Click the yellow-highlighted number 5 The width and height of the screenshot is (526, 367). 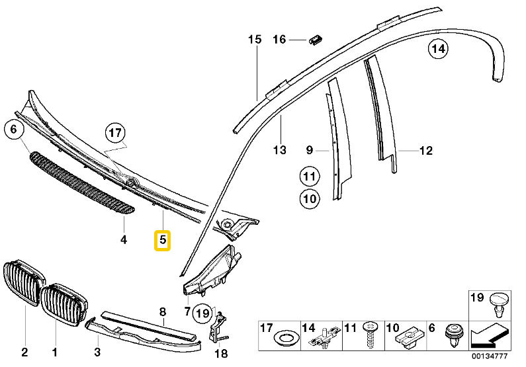pos(162,240)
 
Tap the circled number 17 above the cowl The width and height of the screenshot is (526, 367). pos(115,133)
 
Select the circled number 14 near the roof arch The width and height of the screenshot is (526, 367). pos(438,50)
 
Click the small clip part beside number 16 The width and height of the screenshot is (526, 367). pos(316,39)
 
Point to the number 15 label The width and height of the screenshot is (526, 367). pos(255,40)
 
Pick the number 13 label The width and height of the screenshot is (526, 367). pos(279,149)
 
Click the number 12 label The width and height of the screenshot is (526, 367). pos(426,151)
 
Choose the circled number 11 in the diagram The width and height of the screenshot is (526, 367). pos(310,177)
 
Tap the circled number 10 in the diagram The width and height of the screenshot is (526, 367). pos(310,199)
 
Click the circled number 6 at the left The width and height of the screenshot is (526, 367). pos(13,130)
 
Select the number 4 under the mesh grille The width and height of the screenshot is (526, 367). pos(124,239)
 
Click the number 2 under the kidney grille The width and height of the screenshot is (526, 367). pos(24,352)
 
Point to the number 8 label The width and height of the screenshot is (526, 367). pos(163,312)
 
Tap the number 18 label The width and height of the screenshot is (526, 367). pos(222,353)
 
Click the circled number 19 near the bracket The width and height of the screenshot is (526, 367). pos(202,313)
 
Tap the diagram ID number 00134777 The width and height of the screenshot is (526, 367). pos(490,356)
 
